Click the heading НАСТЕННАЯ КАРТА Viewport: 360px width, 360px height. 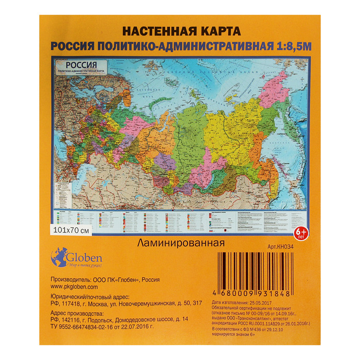(x=179, y=31)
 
